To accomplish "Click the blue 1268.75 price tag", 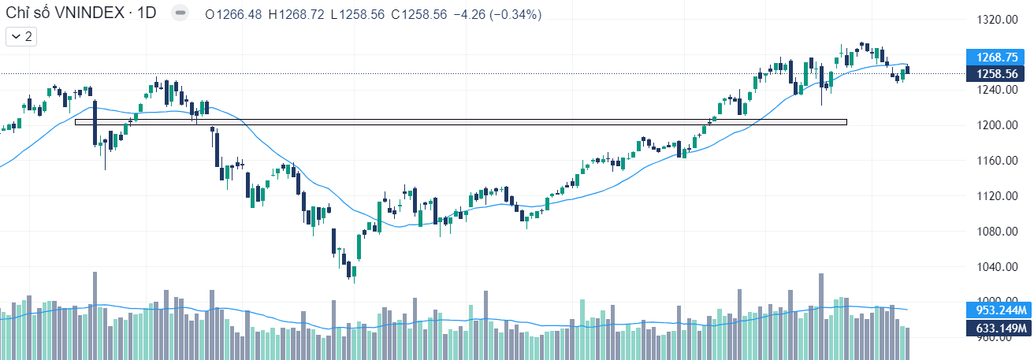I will [996, 58].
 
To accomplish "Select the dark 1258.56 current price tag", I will [996, 74].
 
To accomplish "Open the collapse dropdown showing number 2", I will [21, 36].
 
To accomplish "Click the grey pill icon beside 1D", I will [180, 14].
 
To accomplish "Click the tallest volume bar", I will [95, 315].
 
